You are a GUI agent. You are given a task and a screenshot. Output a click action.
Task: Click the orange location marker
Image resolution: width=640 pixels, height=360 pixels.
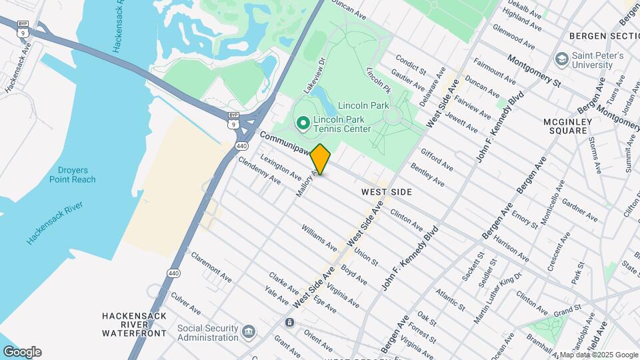pos(321,159)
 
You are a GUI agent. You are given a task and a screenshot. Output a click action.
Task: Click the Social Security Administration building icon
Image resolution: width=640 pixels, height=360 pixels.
pos(249,331)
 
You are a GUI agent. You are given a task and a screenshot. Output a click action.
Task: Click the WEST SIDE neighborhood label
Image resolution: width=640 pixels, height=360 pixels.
pos(387,192)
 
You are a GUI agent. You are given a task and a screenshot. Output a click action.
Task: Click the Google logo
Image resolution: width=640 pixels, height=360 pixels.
pos(22,351)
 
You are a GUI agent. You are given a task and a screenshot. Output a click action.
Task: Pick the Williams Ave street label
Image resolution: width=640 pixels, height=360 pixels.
pos(318,237)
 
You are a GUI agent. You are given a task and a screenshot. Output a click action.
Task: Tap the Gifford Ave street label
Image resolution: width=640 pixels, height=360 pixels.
pos(437,158)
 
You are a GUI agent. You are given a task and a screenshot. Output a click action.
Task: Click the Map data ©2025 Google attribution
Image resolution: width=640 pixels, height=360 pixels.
pos(598,355)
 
